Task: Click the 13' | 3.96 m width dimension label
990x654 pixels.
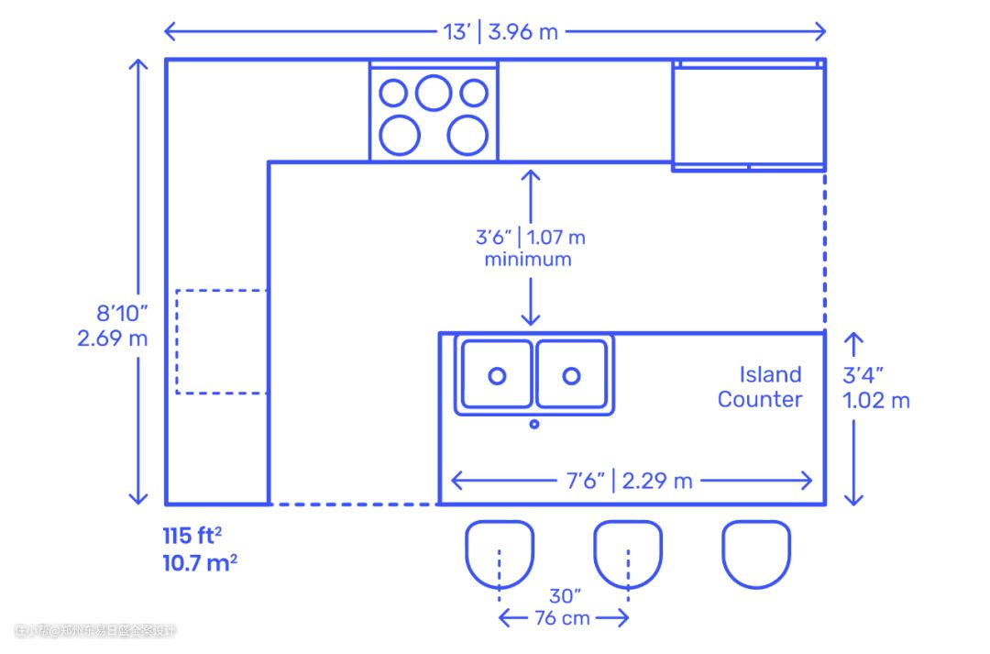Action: tap(500, 31)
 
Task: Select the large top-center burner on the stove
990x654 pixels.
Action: tap(434, 92)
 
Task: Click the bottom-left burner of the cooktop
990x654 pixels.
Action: tap(400, 134)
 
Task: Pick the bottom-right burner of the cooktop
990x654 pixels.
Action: tap(467, 134)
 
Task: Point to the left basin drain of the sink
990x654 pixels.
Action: tap(497, 375)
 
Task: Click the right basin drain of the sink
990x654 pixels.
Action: tap(571, 375)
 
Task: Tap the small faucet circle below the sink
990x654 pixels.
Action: tap(534, 424)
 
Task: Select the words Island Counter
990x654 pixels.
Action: tap(760, 386)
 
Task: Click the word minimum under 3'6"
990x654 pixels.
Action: tap(528, 260)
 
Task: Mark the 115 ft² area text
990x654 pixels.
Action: tap(192, 534)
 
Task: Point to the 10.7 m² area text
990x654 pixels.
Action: tap(200, 562)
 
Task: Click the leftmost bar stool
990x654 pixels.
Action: tap(500, 553)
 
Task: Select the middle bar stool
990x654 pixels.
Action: tap(628, 553)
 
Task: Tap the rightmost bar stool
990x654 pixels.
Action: tap(756, 553)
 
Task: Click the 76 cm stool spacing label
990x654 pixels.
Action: tap(563, 617)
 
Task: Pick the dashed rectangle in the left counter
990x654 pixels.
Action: tap(221, 341)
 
